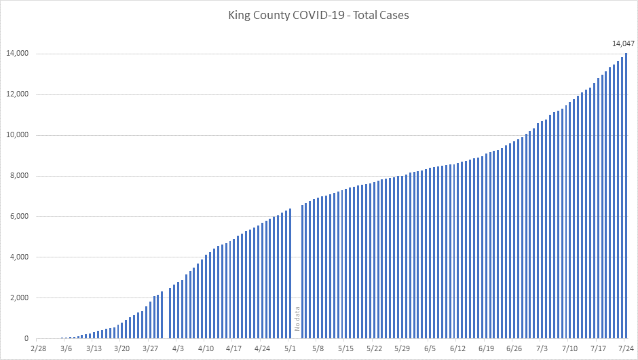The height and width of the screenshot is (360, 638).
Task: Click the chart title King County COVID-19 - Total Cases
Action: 318,14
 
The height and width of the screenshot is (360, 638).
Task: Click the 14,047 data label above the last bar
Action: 623,44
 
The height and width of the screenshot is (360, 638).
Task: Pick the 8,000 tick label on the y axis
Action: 18,176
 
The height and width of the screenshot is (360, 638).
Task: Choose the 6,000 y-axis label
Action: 18,217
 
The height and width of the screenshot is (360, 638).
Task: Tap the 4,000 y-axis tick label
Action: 18,257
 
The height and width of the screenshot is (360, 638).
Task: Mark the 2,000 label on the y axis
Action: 18,298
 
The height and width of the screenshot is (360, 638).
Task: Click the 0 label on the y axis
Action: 26,339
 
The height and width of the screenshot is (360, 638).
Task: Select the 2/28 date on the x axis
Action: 39,348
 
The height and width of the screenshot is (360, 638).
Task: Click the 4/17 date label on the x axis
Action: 233,348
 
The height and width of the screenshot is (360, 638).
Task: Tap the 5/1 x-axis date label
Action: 290,348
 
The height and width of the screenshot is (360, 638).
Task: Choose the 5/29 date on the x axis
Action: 402,348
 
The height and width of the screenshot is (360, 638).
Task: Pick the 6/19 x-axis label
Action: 485,348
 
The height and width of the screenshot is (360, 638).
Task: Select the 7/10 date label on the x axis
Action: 569,348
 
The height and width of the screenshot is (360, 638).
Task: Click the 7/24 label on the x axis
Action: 625,348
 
